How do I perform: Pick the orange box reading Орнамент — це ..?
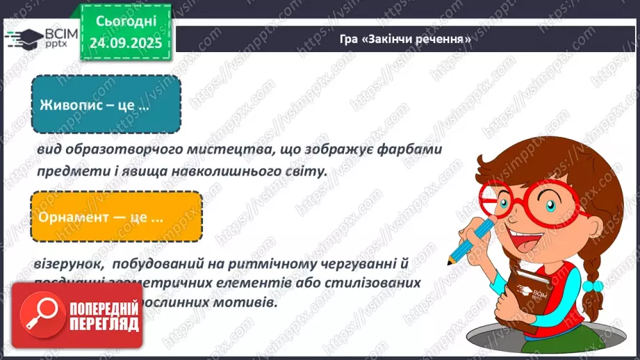116,216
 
